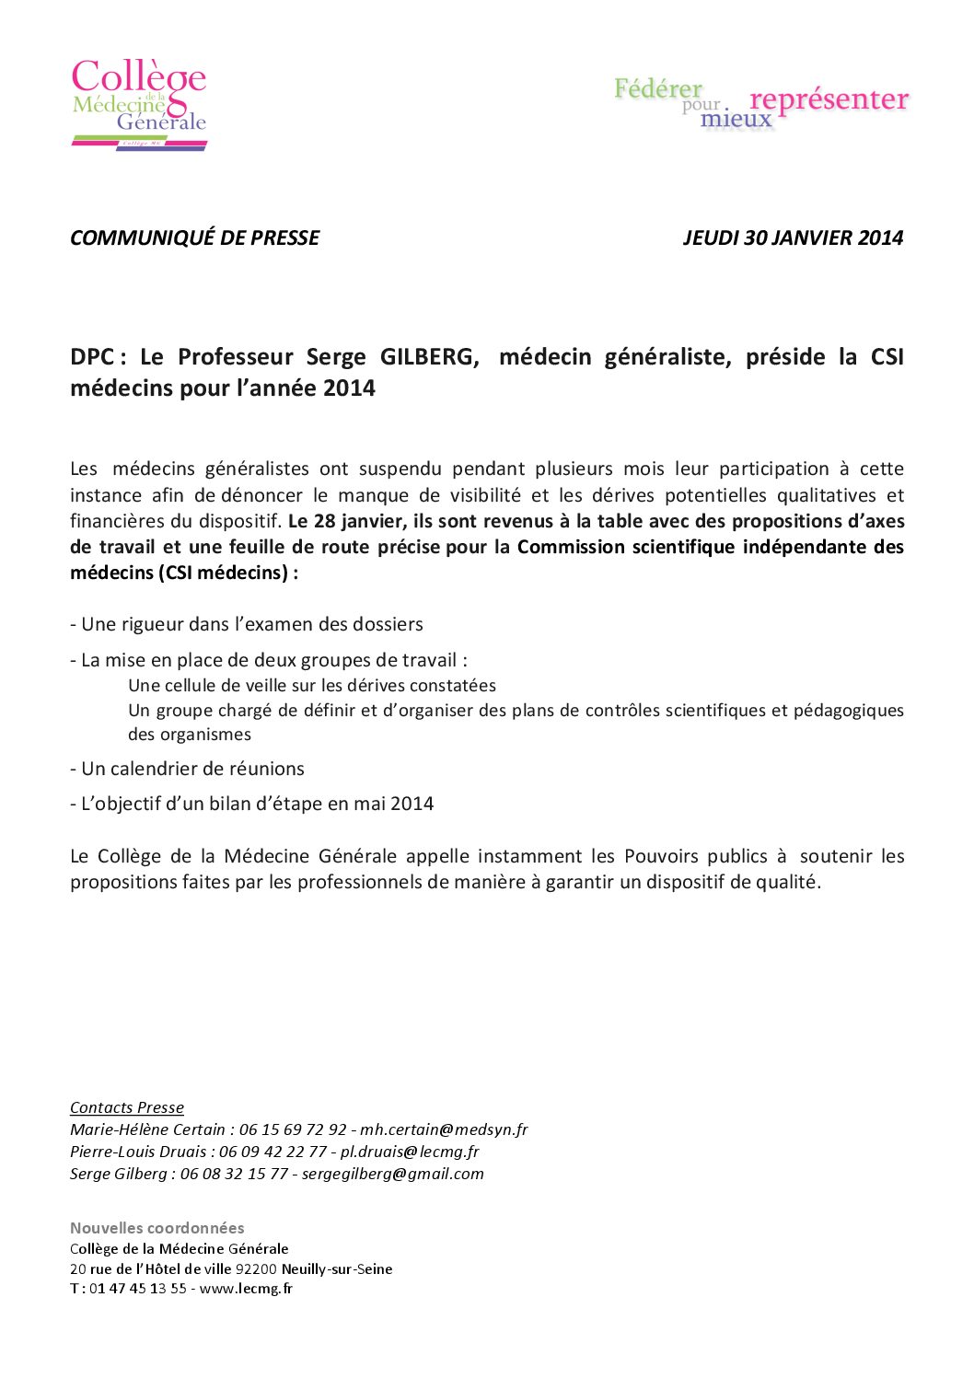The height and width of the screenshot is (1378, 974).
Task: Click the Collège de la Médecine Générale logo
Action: click(x=139, y=103)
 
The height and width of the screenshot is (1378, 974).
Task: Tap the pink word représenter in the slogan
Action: click(x=829, y=99)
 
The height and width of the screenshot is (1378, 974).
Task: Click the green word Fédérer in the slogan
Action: click(x=657, y=89)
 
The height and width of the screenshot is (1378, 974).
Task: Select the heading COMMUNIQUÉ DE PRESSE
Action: click(x=195, y=237)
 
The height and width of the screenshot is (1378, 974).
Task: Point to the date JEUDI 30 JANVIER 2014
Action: click(x=793, y=237)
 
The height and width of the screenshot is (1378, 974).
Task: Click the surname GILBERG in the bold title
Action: click(x=429, y=357)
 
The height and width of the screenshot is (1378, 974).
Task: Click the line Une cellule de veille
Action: click(x=312, y=686)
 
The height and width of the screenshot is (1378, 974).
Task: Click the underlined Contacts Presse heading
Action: click(x=127, y=1107)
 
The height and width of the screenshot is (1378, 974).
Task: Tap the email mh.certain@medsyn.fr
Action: click(x=444, y=1129)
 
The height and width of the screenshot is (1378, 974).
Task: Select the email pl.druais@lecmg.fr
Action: click(x=410, y=1152)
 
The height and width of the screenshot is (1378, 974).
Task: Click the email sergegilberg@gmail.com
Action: click(x=392, y=1174)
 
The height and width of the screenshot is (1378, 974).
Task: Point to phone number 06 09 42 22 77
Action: click(x=272, y=1152)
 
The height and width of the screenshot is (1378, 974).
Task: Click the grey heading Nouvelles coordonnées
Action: click(x=157, y=1228)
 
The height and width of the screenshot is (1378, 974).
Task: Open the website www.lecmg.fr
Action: click(x=246, y=1289)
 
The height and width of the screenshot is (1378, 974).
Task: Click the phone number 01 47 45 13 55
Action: click(x=138, y=1289)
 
